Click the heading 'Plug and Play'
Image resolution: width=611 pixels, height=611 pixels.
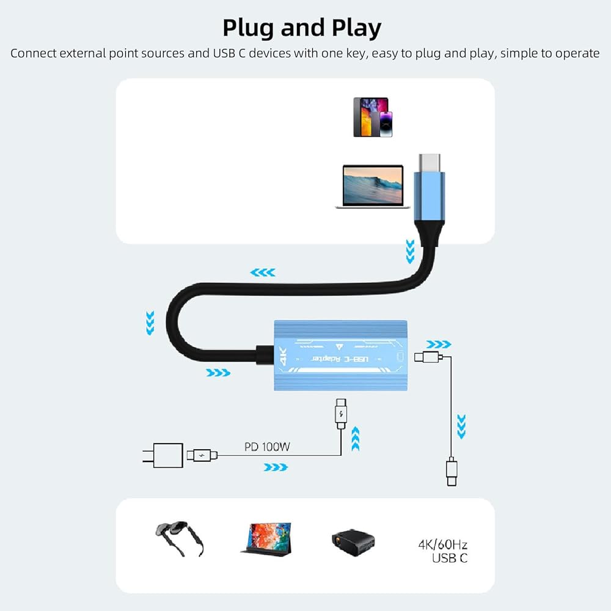pyautogui.click(x=302, y=28)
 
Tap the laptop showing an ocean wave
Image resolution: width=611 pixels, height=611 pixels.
pyautogui.click(x=373, y=186)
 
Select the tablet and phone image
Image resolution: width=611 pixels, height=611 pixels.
pyautogui.click(x=373, y=117)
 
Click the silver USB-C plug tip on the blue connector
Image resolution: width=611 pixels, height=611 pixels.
pyautogui.click(x=430, y=163)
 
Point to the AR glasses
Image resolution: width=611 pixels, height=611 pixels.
pyautogui.click(x=180, y=538)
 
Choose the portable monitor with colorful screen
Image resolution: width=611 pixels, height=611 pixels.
pyautogui.click(x=267, y=540)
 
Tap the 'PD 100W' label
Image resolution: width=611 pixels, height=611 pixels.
pyautogui.click(x=268, y=447)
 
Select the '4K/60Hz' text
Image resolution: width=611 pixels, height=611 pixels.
pyautogui.click(x=442, y=544)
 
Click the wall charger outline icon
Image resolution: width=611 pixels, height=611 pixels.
pyautogui.click(x=163, y=455)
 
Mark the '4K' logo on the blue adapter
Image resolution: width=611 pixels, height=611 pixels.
pyautogui.click(x=283, y=357)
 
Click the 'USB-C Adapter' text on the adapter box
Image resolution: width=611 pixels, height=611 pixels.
pyautogui.click(x=340, y=359)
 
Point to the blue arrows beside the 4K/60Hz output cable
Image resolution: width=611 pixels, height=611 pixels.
pyautogui.click(x=461, y=426)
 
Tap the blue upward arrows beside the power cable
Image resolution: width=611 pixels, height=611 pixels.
pyautogui.click(x=356, y=439)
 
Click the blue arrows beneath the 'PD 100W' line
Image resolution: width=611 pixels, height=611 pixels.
pyautogui.click(x=276, y=467)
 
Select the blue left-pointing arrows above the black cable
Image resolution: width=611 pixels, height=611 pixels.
pyautogui.click(x=263, y=273)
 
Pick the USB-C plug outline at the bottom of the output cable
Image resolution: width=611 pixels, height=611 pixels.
pyautogui.click(x=452, y=472)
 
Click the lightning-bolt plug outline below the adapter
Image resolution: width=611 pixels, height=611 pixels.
pyautogui.click(x=341, y=414)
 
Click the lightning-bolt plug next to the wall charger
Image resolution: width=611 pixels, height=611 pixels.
pyautogui.click(x=202, y=455)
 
